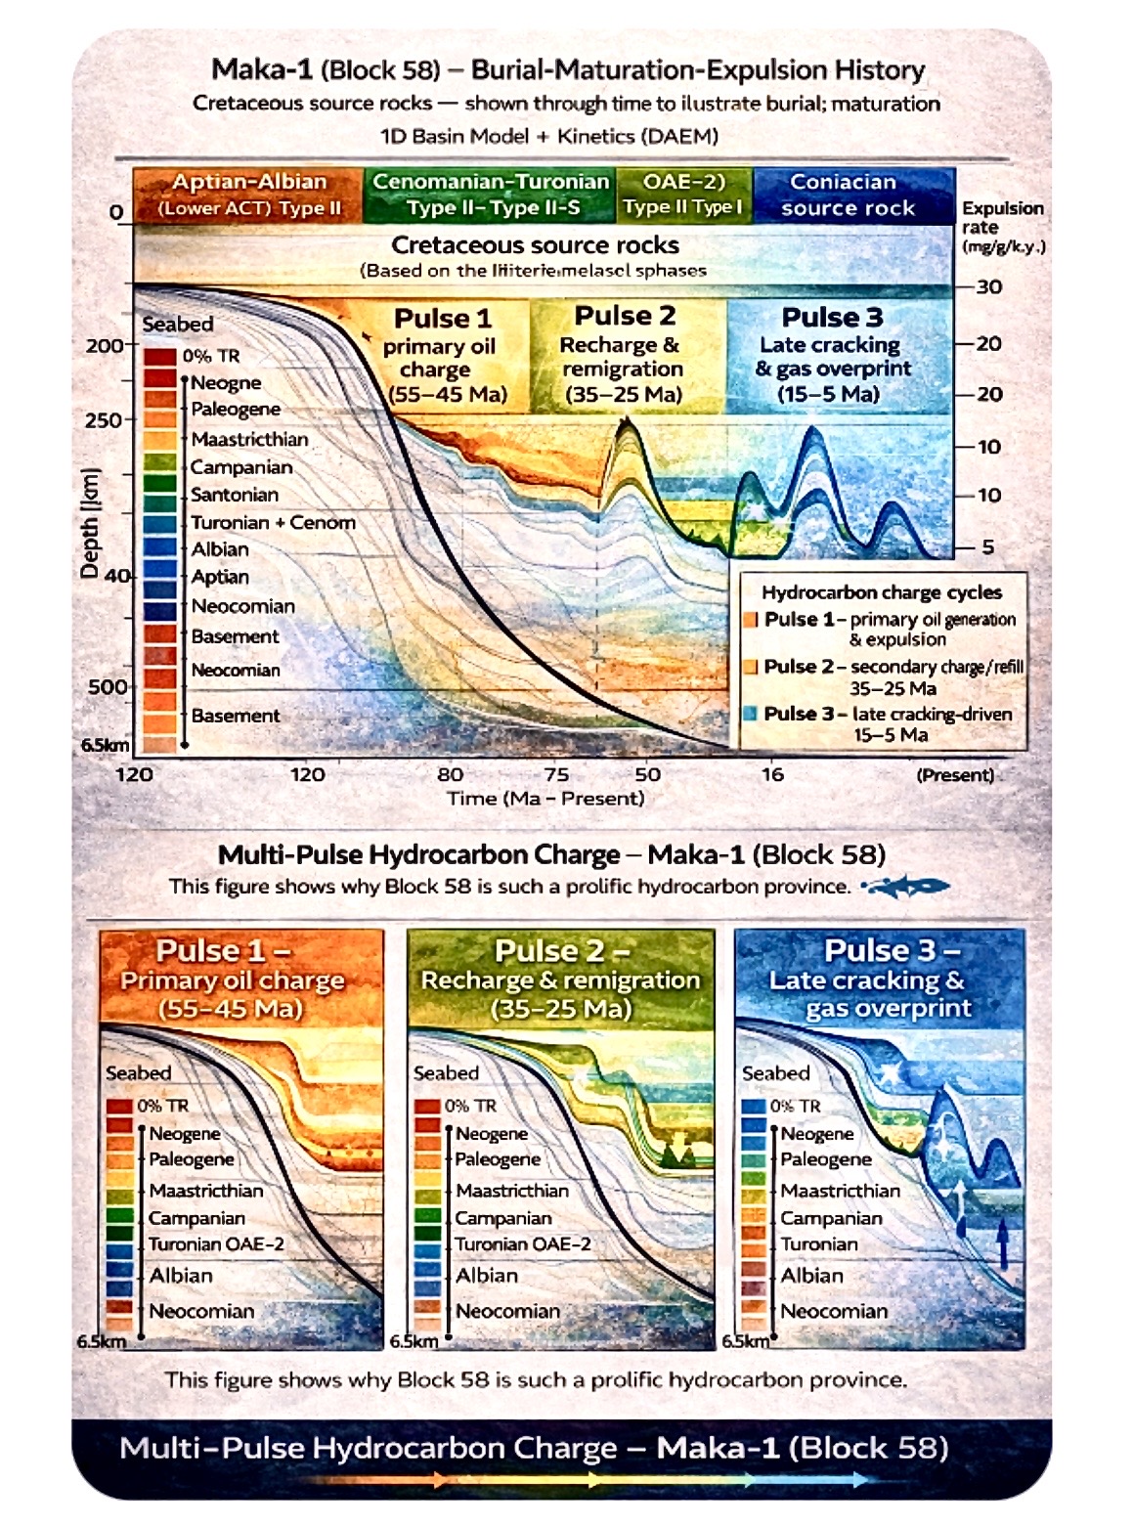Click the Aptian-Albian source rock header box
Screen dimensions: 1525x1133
coord(248,195)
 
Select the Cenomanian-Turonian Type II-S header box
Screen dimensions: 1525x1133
coord(491,195)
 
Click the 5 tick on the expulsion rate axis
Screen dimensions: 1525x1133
coord(987,546)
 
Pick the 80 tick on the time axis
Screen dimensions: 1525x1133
coord(450,774)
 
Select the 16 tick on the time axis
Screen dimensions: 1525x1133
coord(772,774)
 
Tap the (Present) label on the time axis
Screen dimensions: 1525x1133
coord(955,775)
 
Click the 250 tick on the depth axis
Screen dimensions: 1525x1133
coord(105,420)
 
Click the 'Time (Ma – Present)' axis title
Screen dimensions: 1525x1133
coord(545,799)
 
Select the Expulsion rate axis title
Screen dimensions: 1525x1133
coord(1002,227)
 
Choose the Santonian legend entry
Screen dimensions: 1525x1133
coord(235,495)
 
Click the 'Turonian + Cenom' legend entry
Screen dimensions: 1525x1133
coord(273,522)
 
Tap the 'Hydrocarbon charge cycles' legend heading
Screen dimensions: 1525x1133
coord(882,592)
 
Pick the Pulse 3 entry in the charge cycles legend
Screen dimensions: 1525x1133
coord(880,723)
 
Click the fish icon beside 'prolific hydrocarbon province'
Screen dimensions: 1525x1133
coord(906,887)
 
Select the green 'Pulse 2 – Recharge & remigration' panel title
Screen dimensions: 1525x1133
coord(560,979)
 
